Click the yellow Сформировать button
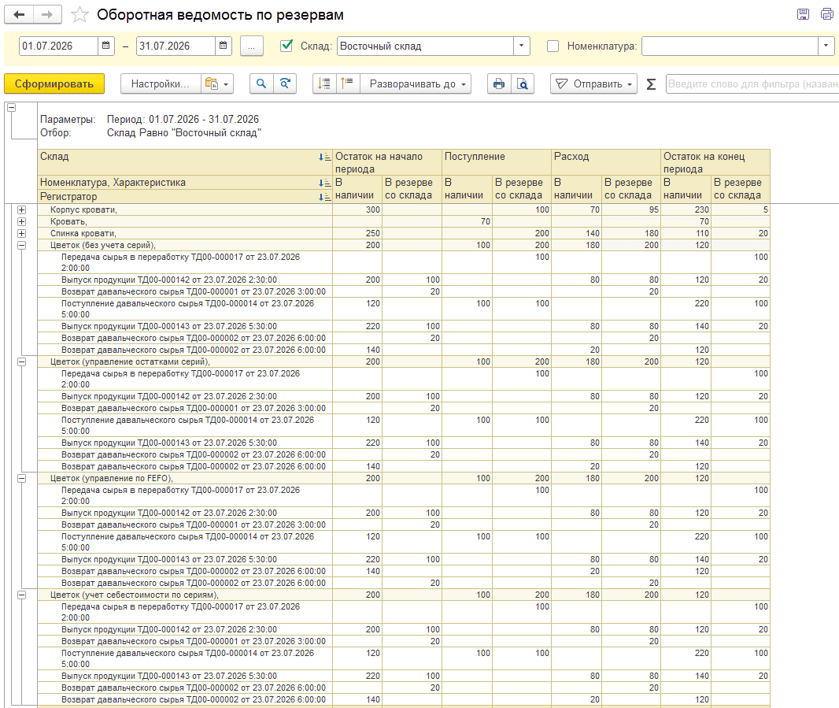(x=54, y=83)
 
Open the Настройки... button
(x=161, y=83)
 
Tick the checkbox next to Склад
(x=286, y=46)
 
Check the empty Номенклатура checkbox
(x=553, y=46)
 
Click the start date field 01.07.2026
(x=58, y=46)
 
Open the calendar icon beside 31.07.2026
(x=223, y=46)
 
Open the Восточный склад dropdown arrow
(x=521, y=46)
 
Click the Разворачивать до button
(x=416, y=83)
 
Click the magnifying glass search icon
(x=261, y=83)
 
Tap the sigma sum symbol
(x=651, y=84)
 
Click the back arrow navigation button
(x=19, y=14)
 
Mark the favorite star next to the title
(x=79, y=14)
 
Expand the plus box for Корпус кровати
(x=21, y=210)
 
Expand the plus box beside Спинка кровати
(x=21, y=233)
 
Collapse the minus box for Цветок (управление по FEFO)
(x=21, y=478)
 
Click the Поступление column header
(x=475, y=157)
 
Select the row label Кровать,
(x=68, y=222)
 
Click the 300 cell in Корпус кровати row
(x=373, y=210)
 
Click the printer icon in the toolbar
(x=499, y=83)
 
